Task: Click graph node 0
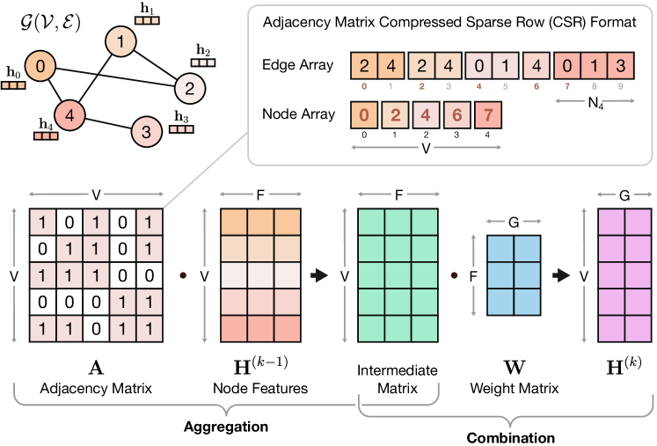point(40,66)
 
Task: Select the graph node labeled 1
point(120,41)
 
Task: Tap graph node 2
point(189,88)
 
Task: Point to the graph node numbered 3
point(146,132)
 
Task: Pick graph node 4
point(69,115)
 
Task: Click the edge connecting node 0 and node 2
point(114,77)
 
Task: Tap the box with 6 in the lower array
point(456,115)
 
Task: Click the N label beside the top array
point(594,102)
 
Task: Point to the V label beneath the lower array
point(426,149)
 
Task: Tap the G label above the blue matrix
point(514,223)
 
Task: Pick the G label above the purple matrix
point(624,195)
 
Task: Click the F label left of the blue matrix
point(473,275)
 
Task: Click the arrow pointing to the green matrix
point(319,275)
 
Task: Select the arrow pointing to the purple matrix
point(560,275)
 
